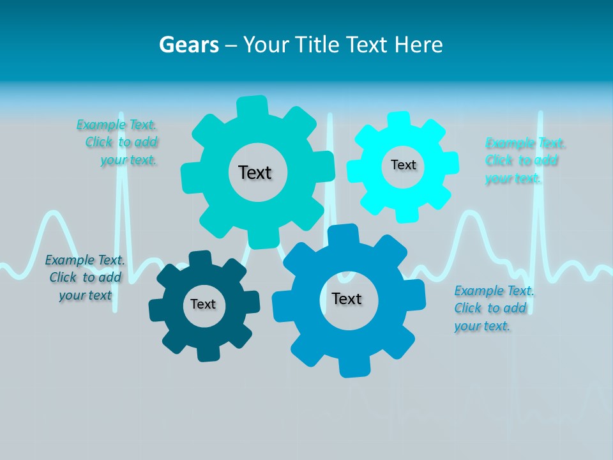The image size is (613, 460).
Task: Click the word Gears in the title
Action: [189, 45]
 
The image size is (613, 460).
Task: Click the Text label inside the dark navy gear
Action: [203, 305]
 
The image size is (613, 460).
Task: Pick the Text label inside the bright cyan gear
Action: [403, 165]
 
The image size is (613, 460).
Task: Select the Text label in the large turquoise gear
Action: [255, 172]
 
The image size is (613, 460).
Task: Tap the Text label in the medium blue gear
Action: [347, 299]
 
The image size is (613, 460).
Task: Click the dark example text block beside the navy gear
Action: [85, 277]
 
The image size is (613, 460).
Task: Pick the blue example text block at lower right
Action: [494, 309]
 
